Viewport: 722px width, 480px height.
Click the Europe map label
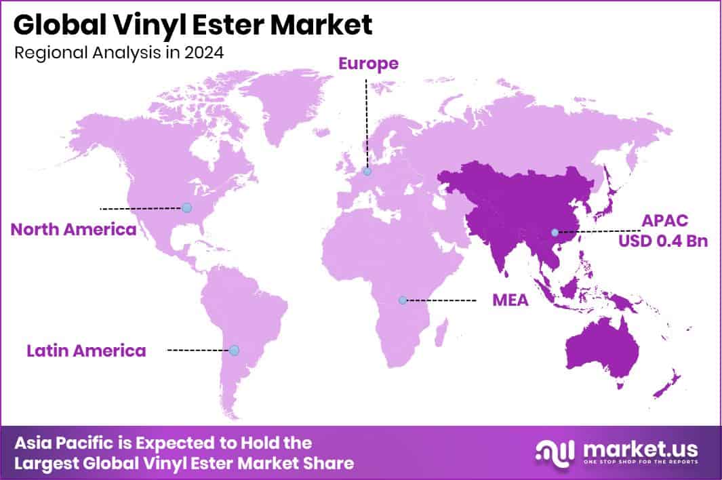(x=368, y=64)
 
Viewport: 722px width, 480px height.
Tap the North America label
(x=73, y=229)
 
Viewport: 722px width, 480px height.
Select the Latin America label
(x=86, y=351)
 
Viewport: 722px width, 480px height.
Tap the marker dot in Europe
(x=367, y=172)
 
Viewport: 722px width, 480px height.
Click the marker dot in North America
(x=187, y=207)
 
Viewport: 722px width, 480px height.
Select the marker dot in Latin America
(x=234, y=351)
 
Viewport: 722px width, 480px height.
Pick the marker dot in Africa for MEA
(x=403, y=300)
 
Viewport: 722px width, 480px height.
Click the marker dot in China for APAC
(x=555, y=233)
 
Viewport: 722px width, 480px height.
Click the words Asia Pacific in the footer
(x=63, y=443)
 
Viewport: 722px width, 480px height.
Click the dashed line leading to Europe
(x=367, y=122)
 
